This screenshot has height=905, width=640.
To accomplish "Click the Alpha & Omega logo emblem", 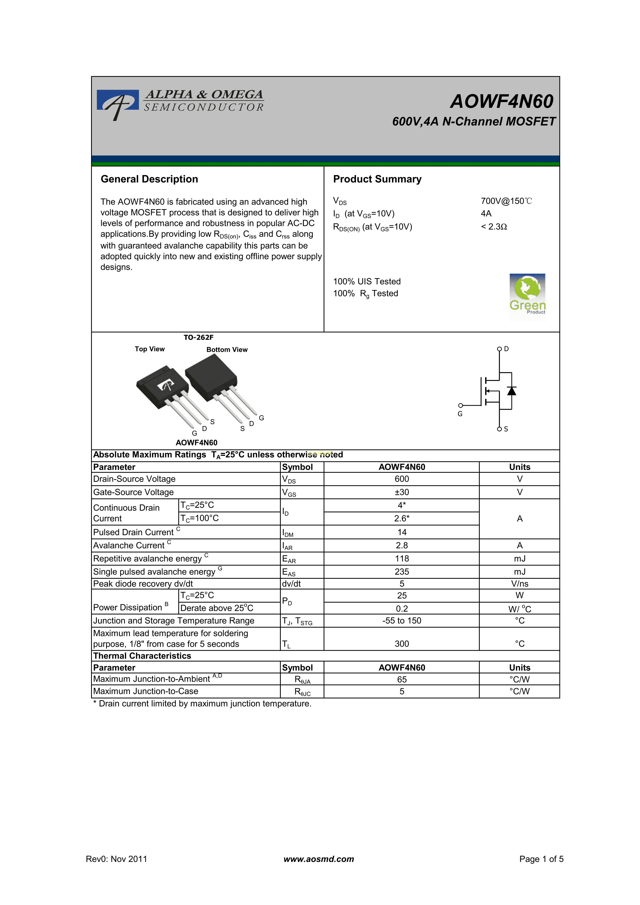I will (x=117, y=103).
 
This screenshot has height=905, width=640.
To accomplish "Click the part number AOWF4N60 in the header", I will (x=502, y=101).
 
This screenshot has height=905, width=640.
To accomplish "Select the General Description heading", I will (x=149, y=179).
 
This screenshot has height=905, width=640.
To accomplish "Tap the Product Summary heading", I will (x=377, y=179).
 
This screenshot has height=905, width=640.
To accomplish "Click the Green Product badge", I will (x=527, y=295).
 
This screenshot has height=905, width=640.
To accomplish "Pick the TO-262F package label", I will (x=198, y=337).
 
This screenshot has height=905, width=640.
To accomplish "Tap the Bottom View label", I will (x=227, y=350).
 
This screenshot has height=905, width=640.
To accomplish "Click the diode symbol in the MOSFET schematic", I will (x=511, y=391).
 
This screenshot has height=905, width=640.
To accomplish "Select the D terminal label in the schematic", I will (x=506, y=349).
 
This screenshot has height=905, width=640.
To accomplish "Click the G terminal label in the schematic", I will (x=460, y=414).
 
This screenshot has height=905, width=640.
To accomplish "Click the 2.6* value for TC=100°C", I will (x=402, y=518).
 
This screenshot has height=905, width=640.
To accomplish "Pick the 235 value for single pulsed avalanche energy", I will (x=402, y=572).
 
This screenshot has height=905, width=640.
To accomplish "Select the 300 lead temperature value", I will (x=402, y=644).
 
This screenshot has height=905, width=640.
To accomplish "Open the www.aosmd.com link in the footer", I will (x=319, y=859).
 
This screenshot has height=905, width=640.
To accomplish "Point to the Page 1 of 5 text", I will (x=541, y=859).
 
